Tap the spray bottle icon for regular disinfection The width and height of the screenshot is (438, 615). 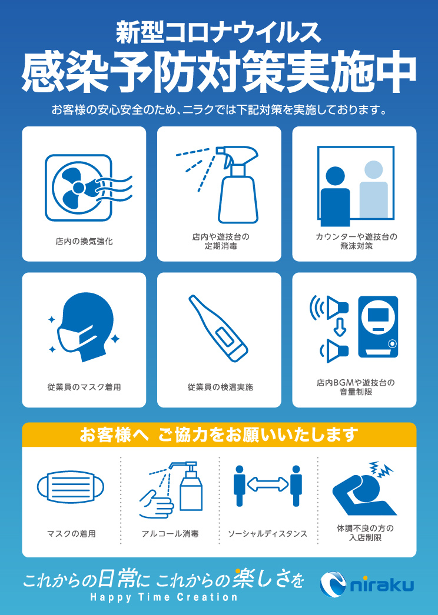pos(238,185)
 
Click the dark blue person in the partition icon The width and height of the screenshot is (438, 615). pos(335,196)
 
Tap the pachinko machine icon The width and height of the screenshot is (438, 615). pos(378,327)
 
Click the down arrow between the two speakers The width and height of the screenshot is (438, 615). pos(339,327)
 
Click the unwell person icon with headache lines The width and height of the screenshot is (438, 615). pos(364,489)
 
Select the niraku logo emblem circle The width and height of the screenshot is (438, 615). pos(333,585)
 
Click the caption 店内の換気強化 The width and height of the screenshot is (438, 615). pos(84,242)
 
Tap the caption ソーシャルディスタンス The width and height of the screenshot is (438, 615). pos(267,534)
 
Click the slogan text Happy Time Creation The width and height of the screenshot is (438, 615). pos(164,598)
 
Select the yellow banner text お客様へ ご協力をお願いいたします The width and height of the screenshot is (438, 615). pos(219,434)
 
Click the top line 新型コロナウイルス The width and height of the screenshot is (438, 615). pos(218,32)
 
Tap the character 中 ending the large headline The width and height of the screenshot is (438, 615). pos(396,73)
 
